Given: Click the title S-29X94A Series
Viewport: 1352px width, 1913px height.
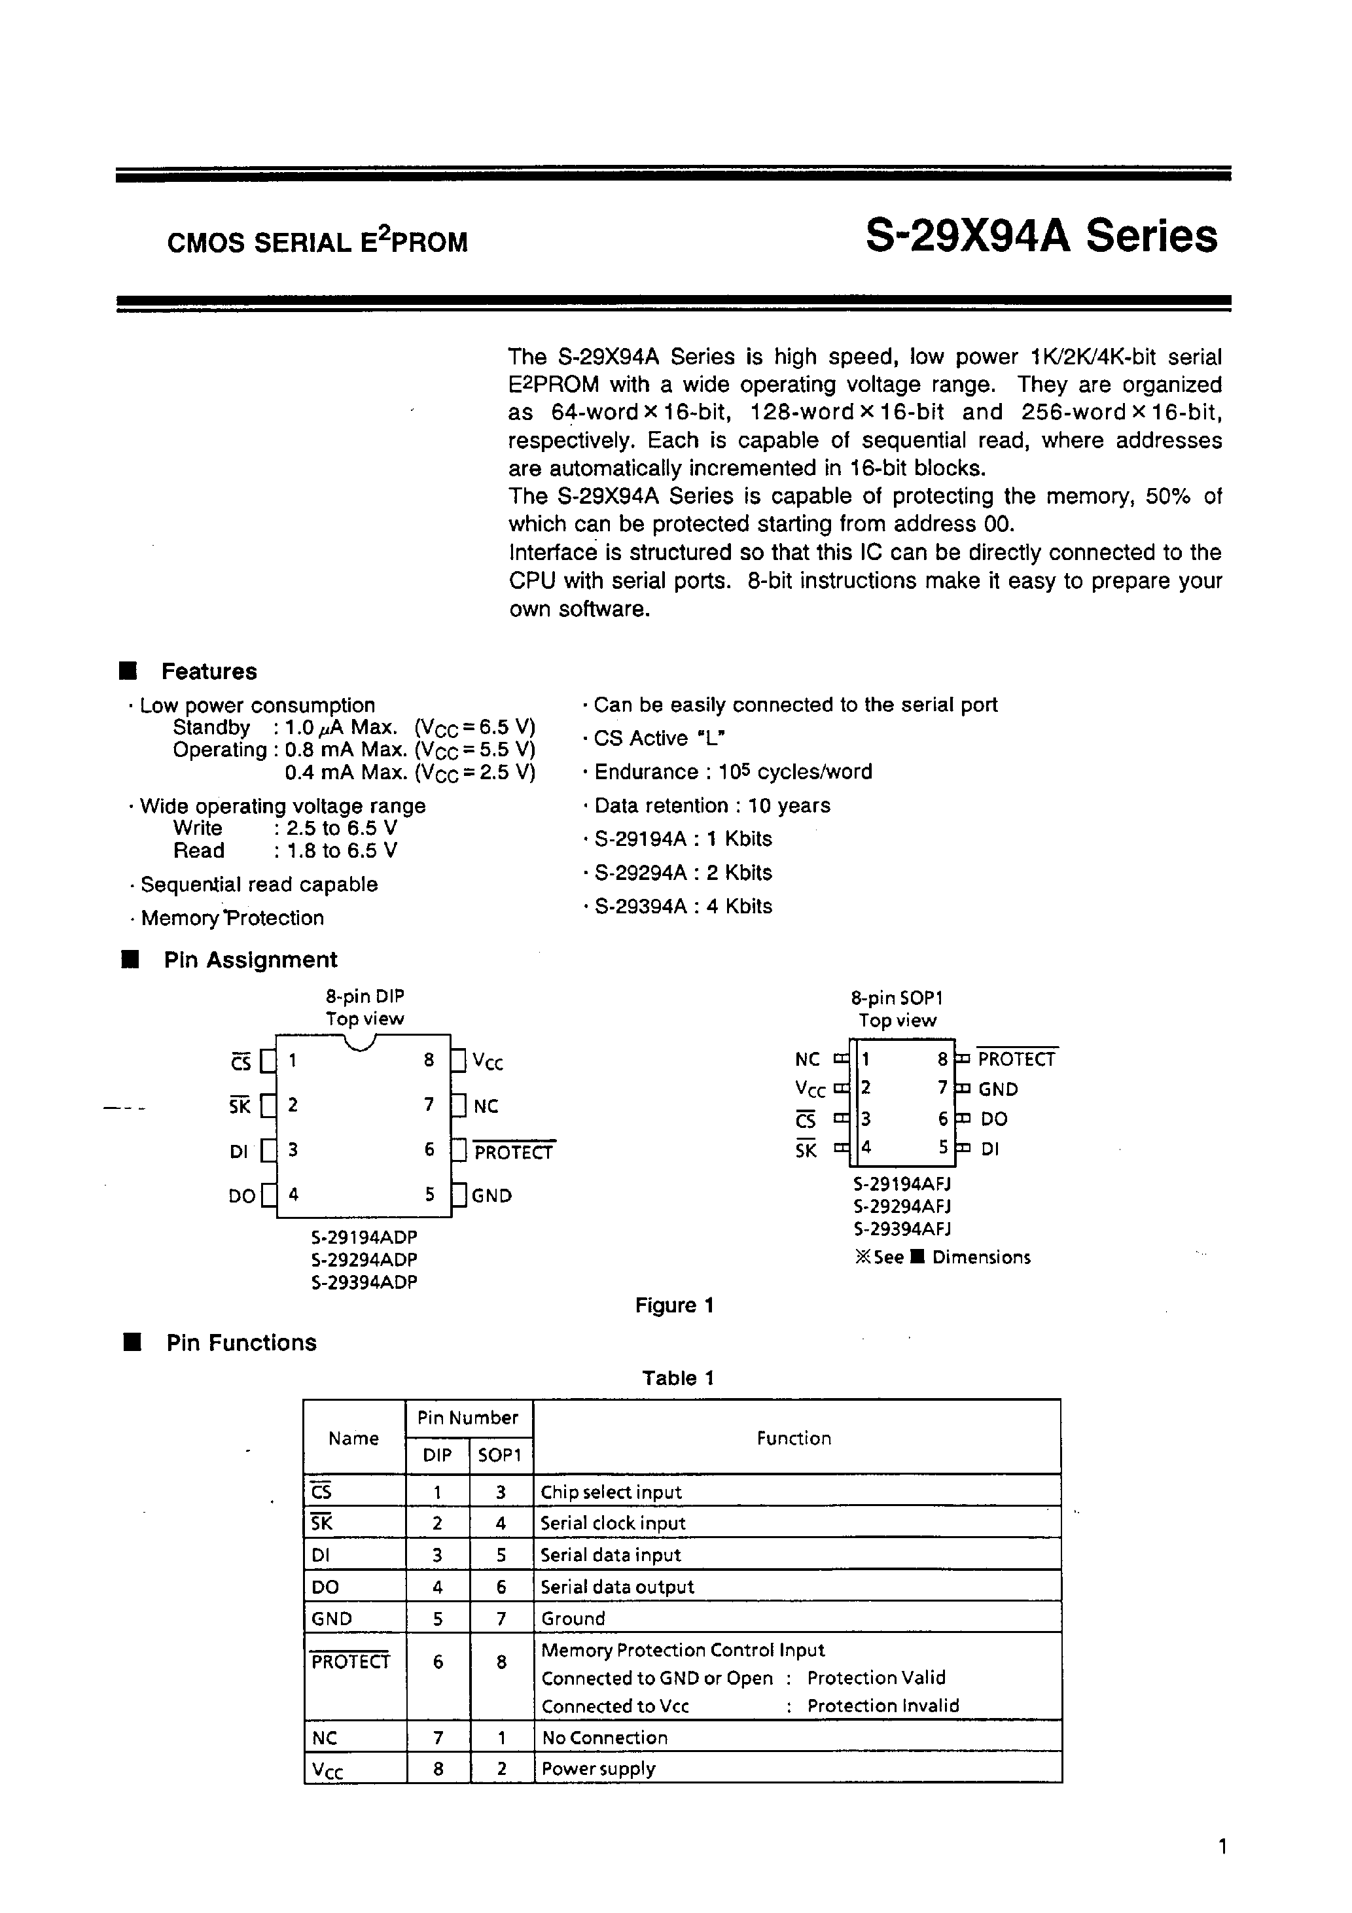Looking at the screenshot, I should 1041,237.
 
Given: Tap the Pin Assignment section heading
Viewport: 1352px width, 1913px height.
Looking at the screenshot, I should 250,960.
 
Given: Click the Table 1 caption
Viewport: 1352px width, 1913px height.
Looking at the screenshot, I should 678,1377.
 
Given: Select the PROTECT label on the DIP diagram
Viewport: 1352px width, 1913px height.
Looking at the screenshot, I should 514,1152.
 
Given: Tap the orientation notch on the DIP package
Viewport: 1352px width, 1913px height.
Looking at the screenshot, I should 360,1042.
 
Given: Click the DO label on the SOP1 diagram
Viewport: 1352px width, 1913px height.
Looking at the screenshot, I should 993,1119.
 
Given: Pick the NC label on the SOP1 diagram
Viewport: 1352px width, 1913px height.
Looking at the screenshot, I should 807,1060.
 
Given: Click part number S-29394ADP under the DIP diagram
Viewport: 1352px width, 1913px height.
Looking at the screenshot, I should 365,1282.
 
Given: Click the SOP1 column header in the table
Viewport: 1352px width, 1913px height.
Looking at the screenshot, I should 500,1455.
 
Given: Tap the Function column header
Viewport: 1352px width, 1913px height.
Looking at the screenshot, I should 794,1438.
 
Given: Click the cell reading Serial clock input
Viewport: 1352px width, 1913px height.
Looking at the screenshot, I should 613,1523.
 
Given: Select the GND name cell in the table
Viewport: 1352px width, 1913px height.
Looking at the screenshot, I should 332,1618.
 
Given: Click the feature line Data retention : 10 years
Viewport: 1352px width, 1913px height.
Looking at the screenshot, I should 712,805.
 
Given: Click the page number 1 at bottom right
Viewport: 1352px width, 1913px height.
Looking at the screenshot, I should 1222,1847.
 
